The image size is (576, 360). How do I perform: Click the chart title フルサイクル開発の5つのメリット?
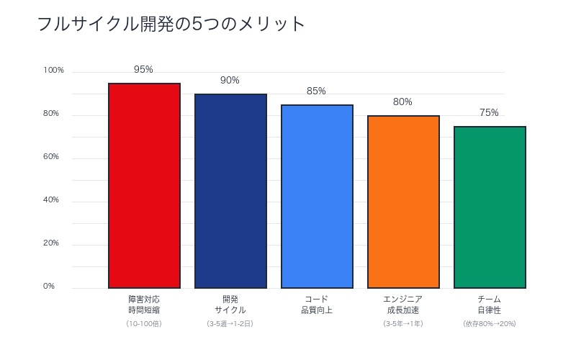pyautogui.click(x=171, y=24)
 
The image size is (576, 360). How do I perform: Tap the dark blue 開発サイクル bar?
pyautogui.click(x=230, y=191)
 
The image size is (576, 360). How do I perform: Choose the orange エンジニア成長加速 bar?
pyautogui.click(x=403, y=202)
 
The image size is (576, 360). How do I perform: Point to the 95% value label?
pyautogui.click(x=143, y=70)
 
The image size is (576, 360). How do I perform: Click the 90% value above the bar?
pyautogui.click(x=230, y=81)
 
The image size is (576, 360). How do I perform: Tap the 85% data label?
pyautogui.click(x=316, y=91)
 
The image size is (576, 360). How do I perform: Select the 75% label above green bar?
pyautogui.click(x=489, y=113)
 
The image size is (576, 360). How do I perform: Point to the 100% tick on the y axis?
pyautogui.click(x=54, y=71)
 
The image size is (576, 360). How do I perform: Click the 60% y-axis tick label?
pyautogui.click(x=50, y=157)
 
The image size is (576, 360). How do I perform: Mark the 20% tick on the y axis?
pyautogui.click(x=50, y=243)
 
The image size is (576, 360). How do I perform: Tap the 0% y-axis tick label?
pyautogui.click(x=49, y=287)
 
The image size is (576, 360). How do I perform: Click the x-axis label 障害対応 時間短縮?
pyautogui.click(x=144, y=305)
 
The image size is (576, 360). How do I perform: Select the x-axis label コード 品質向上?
pyautogui.click(x=317, y=305)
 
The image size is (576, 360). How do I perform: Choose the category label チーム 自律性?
pyautogui.click(x=490, y=305)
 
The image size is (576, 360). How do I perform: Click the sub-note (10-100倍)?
pyautogui.click(x=144, y=324)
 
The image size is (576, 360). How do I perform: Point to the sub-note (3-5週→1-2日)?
pyautogui.click(x=230, y=324)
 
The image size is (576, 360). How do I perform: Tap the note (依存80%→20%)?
pyautogui.click(x=490, y=324)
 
